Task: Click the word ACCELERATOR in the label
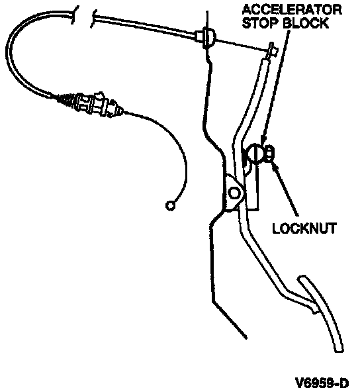pos(292,10)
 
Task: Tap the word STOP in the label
pos(260,23)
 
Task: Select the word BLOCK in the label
pos(306,23)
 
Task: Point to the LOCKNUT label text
pos(304,228)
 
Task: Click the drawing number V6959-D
pos(322,383)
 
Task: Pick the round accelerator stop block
pos(255,154)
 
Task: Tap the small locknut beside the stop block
pos(269,154)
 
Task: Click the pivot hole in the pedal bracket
pos(234,193)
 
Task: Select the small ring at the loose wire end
pos(170,206)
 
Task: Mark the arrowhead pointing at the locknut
pos(275,167)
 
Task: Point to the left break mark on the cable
pos(74,15)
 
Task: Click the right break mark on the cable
pos(93,19)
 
